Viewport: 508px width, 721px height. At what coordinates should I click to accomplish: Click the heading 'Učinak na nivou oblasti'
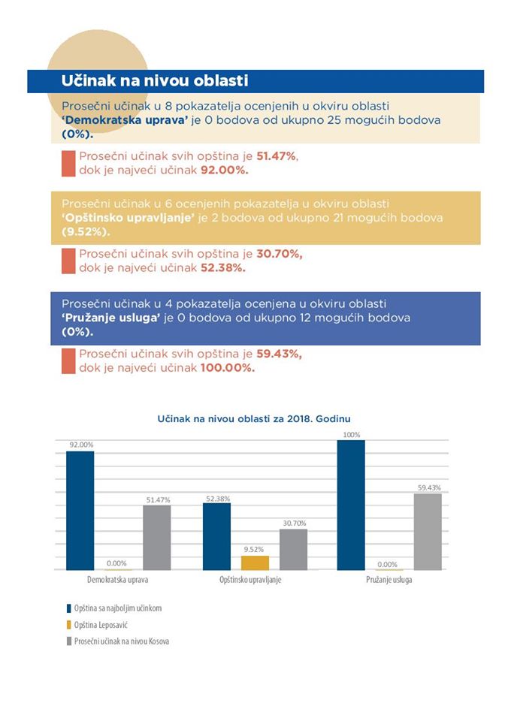[155, 80]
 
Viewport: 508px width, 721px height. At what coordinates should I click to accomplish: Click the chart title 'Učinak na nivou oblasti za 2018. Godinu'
[254, 419]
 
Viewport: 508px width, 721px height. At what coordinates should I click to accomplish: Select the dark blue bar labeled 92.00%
[80, 511]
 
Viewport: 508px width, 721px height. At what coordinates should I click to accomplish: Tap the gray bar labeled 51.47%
[157, 538]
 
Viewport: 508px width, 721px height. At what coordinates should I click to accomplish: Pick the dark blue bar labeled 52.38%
[216, 536]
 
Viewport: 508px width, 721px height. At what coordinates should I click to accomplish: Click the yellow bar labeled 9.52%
[255, 563]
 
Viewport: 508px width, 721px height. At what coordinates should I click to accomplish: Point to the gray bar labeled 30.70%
[294, 550]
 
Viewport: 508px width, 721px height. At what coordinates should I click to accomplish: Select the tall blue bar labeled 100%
[351, 505]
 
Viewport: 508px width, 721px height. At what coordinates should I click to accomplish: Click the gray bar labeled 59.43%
[428, 532]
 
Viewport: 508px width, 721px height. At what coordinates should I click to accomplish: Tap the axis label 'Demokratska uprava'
[118, 579]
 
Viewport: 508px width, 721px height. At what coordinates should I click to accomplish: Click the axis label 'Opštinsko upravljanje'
[250, 580]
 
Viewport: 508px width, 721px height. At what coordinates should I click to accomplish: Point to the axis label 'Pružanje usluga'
[389, 580]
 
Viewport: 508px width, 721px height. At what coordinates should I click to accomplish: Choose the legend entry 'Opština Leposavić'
[97, 625]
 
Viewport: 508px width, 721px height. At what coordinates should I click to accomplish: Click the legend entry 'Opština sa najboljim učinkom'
[114, 608]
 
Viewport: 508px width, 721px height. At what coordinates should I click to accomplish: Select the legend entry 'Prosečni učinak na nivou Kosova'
[118, 641]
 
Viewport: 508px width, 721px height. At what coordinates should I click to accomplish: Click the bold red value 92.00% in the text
[225, 170]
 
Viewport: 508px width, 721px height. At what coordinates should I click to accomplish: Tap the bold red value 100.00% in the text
[228, 368]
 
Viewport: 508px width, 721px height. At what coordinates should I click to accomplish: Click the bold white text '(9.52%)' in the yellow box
[86, 232]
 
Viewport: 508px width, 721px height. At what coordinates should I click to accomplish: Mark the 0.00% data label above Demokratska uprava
[116, 563]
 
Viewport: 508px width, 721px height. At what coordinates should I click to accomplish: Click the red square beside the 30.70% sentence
[68, 261]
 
